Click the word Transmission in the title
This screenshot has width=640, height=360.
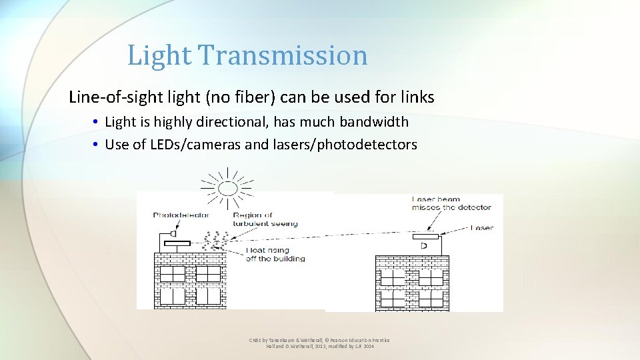tap(293, 55)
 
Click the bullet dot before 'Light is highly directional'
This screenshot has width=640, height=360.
tap(97, 122)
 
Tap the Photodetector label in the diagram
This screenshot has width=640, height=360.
tap(181, 215)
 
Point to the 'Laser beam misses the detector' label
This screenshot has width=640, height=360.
tap(451, 203)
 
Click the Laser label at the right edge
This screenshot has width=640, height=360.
tap(481, 228)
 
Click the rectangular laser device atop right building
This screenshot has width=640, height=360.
tap(425, 237)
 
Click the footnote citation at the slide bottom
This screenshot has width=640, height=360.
tap(319, 343)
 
